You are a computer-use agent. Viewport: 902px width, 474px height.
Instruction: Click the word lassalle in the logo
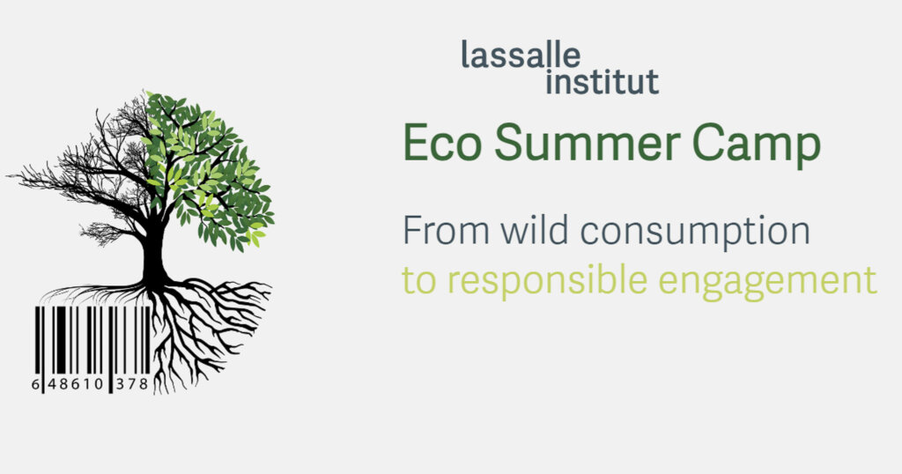coord(521,57)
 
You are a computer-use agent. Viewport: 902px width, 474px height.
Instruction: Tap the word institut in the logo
coord(602,83)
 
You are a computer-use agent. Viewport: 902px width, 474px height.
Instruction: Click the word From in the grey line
coord(445,231)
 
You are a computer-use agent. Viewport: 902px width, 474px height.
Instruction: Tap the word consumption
coord(699,234)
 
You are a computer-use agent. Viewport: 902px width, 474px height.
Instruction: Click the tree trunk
coord(155,251)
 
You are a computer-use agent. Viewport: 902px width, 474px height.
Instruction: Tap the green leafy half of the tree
coord(211,167)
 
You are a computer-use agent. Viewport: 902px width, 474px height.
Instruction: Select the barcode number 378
coord(132,383)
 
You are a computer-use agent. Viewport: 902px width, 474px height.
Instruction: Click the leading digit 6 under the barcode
coord(35,383)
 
